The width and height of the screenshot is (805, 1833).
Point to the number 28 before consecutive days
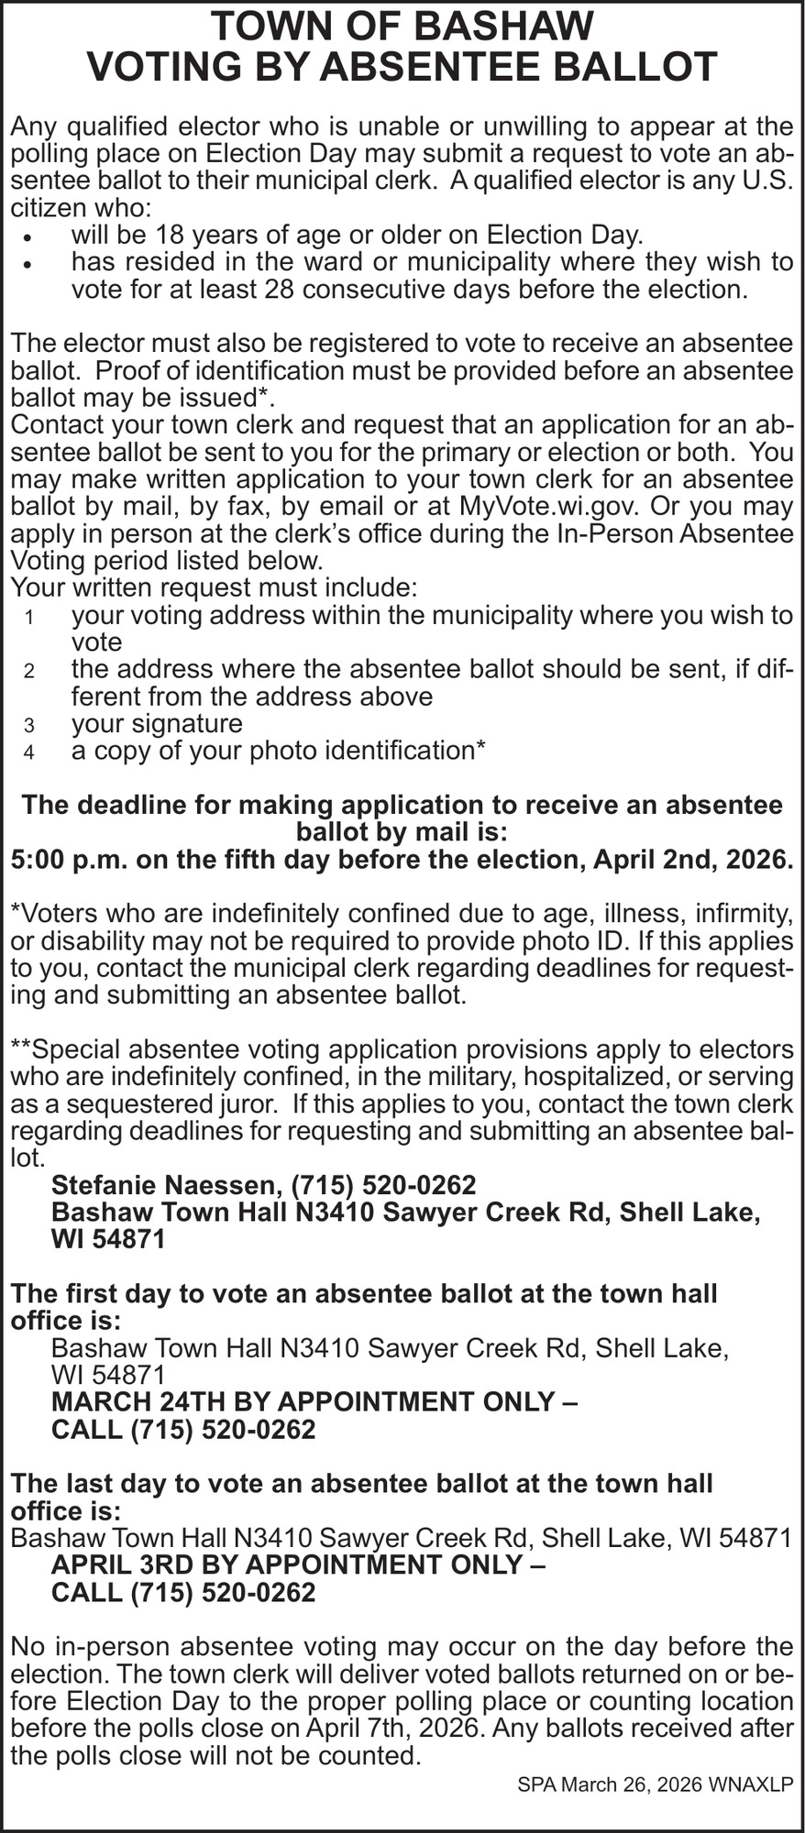(280, 290)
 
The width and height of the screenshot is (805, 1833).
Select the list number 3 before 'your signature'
(29, 726)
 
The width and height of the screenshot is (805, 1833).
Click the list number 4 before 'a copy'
(29, 753)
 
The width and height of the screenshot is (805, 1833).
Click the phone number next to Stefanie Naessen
(384, 1185)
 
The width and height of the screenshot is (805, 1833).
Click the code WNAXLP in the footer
(751, 1784)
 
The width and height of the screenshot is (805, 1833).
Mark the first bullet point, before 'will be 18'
(29, 236)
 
